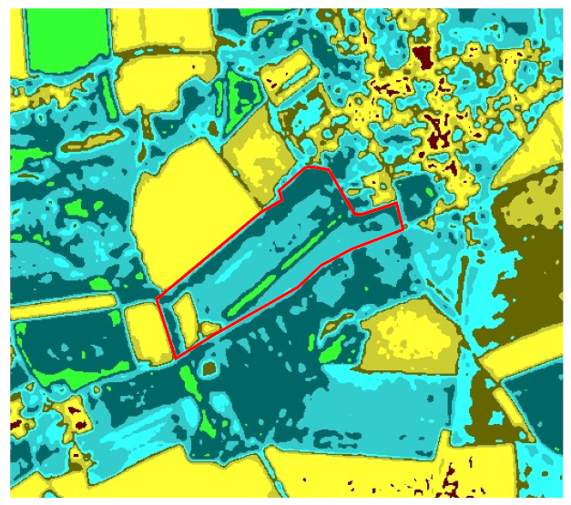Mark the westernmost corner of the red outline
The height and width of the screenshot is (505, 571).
[158, 298]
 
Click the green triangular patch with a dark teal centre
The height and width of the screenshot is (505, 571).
[243, 92]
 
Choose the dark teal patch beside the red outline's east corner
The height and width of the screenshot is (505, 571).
[418, 196]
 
